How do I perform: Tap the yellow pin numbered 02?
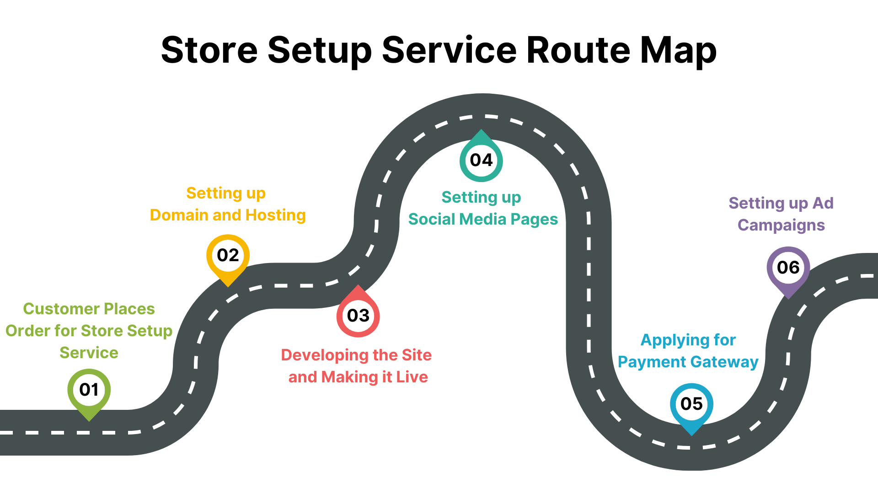tap(228, 256)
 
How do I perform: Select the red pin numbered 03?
tap(358, 315)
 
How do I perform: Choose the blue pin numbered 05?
tap(691, 404)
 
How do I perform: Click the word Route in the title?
tap(578, 50)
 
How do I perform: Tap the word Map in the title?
tap(678, 50)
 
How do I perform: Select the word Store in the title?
tap(209, 50)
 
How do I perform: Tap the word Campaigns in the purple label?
tap(781, 225)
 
